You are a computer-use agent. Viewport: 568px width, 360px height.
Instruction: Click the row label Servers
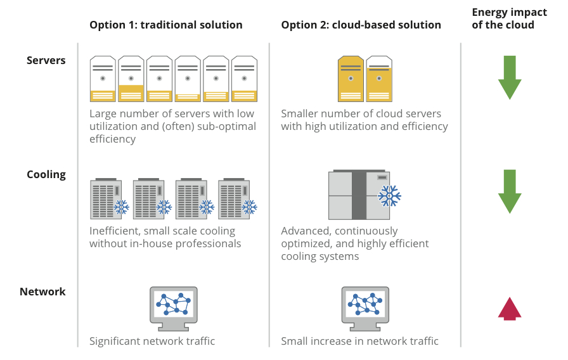click(x=46, y=61)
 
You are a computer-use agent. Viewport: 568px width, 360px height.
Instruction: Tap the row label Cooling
click(x=46, y=174)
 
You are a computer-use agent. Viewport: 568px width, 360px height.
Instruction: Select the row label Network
click(x=42, y=292)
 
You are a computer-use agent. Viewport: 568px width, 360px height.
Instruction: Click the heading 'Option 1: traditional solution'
click(x=166, y=25)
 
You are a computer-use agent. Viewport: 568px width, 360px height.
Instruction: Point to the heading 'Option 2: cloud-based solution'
click(x=361, y=25)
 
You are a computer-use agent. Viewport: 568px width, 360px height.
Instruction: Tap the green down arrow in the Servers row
click(x=510, y=77)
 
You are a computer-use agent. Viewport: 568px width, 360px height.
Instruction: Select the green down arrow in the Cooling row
click(x=510, y=191)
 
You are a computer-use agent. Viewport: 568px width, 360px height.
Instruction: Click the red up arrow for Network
click(x=510, y=308)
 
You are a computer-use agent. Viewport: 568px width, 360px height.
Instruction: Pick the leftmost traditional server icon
click(x=103, y=79)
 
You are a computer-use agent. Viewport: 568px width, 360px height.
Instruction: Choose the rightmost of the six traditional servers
click(x=244, y=79)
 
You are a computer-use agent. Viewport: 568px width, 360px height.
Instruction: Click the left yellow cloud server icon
click(x=351, y=79)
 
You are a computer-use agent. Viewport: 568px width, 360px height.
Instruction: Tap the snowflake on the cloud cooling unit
click(x=389, y=196)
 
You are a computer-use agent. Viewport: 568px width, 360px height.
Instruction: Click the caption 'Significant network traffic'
click(x=152, y=341)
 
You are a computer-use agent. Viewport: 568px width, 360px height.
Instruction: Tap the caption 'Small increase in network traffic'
click(x=360, y=341)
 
